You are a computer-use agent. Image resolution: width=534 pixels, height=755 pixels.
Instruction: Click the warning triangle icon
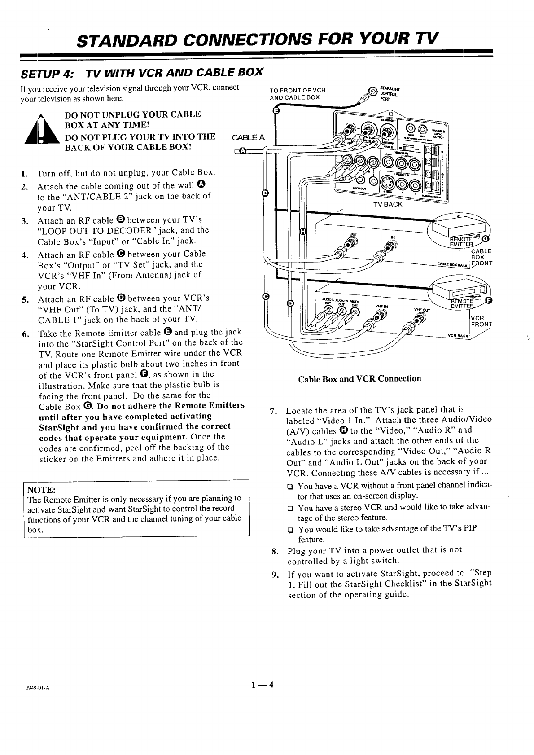pos(40,130)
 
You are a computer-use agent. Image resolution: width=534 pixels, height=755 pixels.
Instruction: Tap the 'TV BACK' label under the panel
pos(388,205)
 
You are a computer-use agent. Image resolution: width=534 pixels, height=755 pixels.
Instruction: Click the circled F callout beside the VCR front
pos(489,300)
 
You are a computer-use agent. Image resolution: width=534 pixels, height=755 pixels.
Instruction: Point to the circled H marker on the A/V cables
pos(302,232)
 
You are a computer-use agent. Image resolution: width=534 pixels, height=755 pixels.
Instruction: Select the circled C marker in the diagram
pos(265,297)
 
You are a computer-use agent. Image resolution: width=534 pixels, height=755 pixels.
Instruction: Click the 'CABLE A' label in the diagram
pos(248,137)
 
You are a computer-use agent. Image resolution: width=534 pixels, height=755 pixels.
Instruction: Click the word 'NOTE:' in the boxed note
pos(41,489)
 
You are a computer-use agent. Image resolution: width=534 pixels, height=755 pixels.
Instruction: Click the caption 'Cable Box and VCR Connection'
pos(359,378)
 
